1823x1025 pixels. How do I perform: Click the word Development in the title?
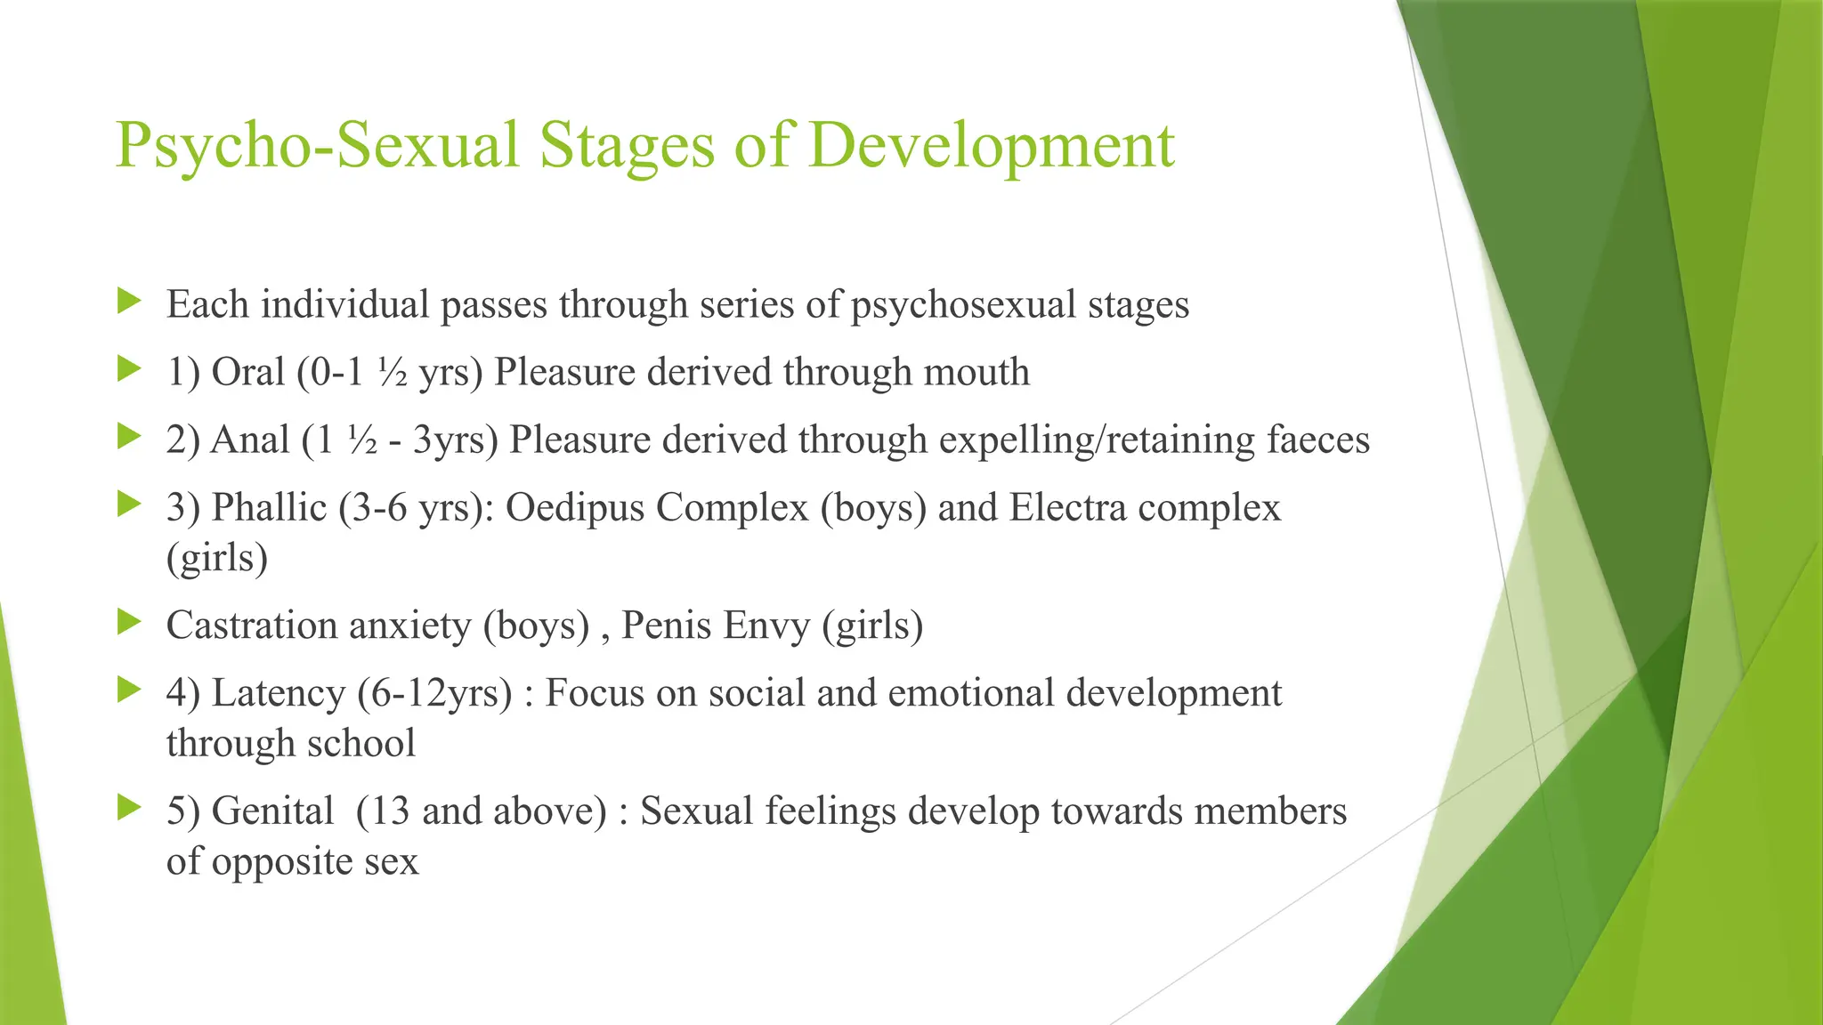[992, 145]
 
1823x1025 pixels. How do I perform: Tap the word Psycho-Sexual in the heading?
[316, 145]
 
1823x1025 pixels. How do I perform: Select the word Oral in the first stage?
[247, 372]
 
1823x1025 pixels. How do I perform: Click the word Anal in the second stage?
[250, 440]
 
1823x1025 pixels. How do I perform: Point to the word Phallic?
[269, 508]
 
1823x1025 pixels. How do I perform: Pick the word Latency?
[278, 693]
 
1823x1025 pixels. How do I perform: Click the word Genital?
[272, 811]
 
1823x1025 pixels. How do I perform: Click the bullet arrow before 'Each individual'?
[129, 301]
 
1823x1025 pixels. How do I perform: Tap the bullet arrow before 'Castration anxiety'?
[129, 622]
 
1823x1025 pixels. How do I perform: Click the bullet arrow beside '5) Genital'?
[129, 808]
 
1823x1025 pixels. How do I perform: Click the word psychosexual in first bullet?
[963, 305]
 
